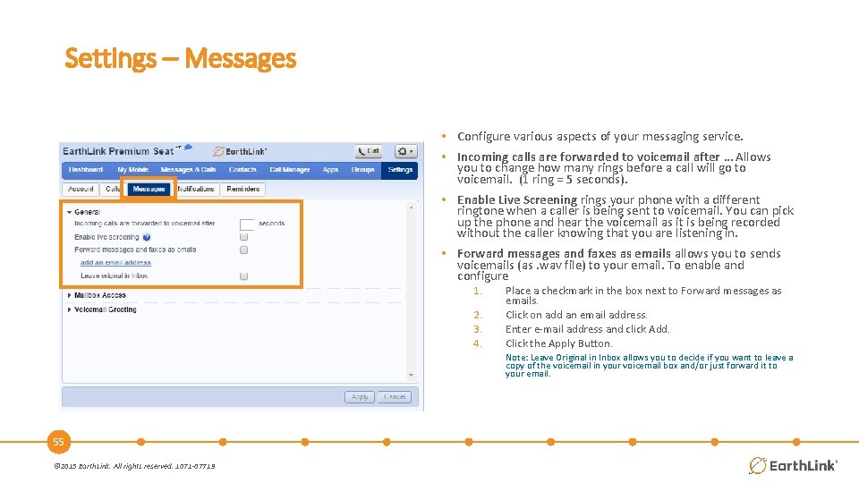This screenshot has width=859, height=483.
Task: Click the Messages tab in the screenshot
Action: [x=149, y=189]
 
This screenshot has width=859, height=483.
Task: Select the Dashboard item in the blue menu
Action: [x=86, y=170]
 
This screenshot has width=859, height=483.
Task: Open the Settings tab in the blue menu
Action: [x=400, y=170]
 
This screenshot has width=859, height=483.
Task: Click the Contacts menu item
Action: [x=242, y=170]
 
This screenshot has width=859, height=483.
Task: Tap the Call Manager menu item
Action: [x=289, y=170]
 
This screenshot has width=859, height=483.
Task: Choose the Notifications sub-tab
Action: [x=196, y=189]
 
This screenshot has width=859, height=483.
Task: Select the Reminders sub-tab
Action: [x=242, y=189]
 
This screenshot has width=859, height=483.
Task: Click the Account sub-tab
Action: [x=81, y=189]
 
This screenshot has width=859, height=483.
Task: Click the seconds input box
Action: [x=247, y=224]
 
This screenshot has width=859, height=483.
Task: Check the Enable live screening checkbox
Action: [x=243, y=237]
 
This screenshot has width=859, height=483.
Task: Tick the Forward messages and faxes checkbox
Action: [x=243, y=250]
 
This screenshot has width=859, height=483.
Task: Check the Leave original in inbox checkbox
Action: [x=243, y=276]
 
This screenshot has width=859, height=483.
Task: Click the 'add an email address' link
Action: [x=115, y=263]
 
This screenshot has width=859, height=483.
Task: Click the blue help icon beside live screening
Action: [x=147, y=237]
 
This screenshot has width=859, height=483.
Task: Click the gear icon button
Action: [x=405, y=151]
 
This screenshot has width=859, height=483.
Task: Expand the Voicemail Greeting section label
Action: [x=105, y=309]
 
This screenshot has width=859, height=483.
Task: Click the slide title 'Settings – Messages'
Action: [x=180, y=59]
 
